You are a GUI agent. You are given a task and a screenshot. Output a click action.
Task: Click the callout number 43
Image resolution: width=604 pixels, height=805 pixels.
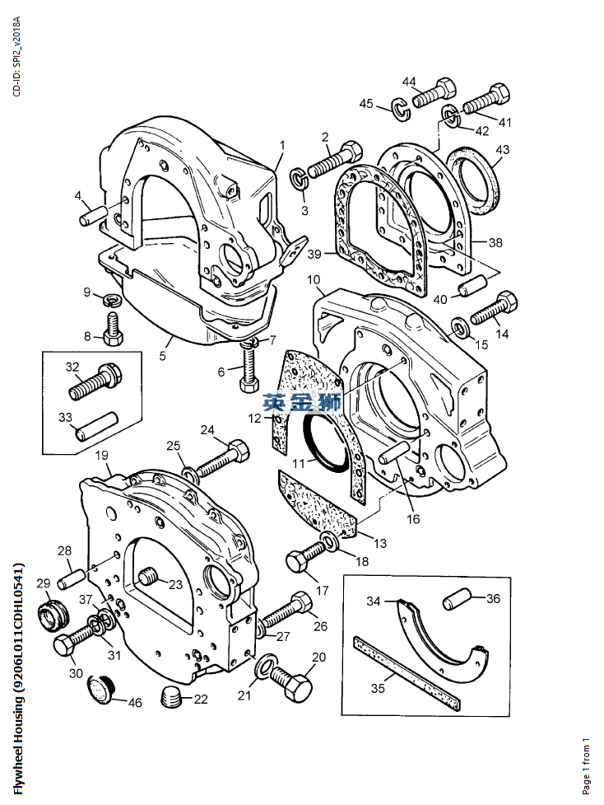[x=502, y=150]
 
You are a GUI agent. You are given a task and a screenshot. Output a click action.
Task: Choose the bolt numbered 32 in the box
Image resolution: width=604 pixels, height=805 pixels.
[x=95, y=380]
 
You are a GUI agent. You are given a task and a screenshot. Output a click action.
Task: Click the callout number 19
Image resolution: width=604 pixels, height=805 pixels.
[x=101, y=456]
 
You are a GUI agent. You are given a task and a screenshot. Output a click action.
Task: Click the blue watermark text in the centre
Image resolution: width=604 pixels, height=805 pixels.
[x=302, y=403]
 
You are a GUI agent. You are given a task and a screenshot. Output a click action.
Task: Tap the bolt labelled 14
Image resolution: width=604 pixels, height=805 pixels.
[x=493, y=311]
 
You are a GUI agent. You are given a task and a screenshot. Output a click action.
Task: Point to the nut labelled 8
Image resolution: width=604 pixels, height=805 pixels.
[x=112, y=335]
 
